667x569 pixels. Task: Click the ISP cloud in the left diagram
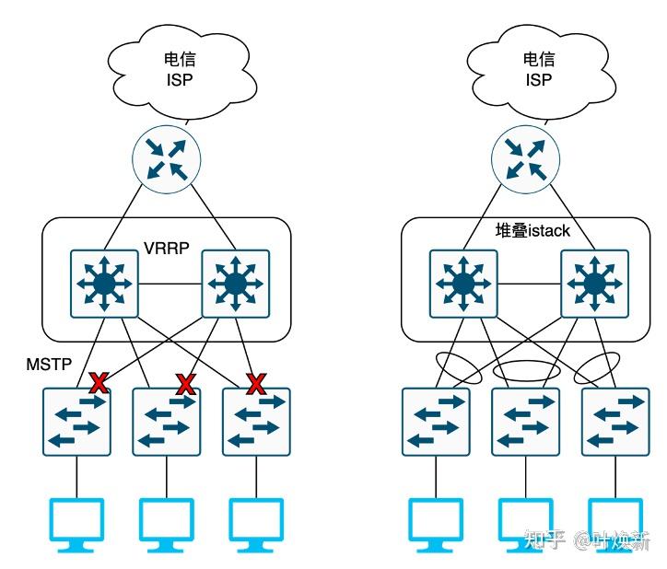[x=181, y=70]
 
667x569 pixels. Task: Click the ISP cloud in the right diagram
[x=539, y=70]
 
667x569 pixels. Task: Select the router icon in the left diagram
[x=167, y=157]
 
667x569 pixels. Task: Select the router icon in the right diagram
[x=525, y=157]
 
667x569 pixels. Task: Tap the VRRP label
[x=167, y=249]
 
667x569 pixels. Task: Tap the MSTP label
[x=48, y=366]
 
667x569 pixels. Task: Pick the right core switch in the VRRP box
[x=236, y=283]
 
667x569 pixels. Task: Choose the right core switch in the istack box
[x=594, y=283]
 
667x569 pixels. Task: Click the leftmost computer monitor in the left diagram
[x=76, y=523]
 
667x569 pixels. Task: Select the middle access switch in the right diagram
[x=526, y=421]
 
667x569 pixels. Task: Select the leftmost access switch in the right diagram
[x=436, y=421]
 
